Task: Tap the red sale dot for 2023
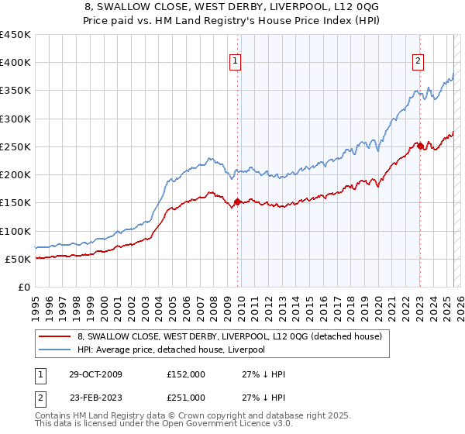click(x=419, y=146)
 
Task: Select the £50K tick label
click(x=18, y=260)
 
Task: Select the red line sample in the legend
click(x=54, y=337)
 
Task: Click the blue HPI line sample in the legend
click(x=54, y=350)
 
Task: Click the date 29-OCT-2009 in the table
click(x=92, y=375)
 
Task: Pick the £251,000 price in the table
click(x=185, y=398)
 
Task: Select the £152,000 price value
click(x=185, y=375)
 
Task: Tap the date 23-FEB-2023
click(x=92, y=398)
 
